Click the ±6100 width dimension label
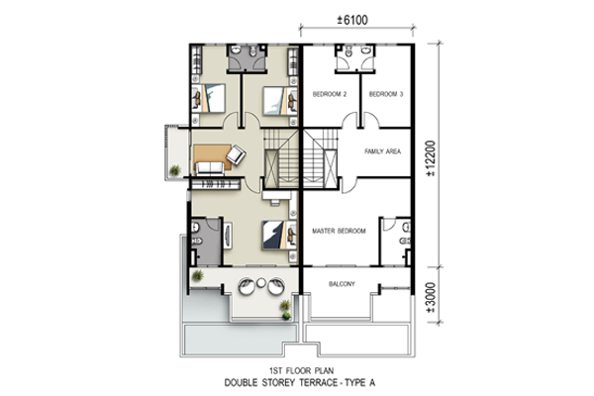coord(352,20)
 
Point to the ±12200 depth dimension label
coord(431,158)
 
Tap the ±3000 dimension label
coord(431,297)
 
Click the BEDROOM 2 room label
coord(330,94)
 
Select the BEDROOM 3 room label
coord(386,94)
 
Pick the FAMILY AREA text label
coord(382,151)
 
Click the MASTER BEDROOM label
coord(339,231)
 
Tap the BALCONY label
coord(342,284)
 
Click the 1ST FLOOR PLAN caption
coord(302,370)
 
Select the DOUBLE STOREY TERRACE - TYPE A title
coord(300,383)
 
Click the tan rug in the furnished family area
coord(212,156)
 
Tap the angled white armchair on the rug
coord(236,154)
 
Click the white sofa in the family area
coord(210,168)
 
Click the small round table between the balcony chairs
coord(261,283)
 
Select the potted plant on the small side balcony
coord(174,170)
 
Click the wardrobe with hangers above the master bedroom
coord(216,184)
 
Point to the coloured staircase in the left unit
coord(281,158)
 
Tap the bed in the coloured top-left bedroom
coord(211,99)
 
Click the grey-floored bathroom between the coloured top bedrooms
coord(247,58)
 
